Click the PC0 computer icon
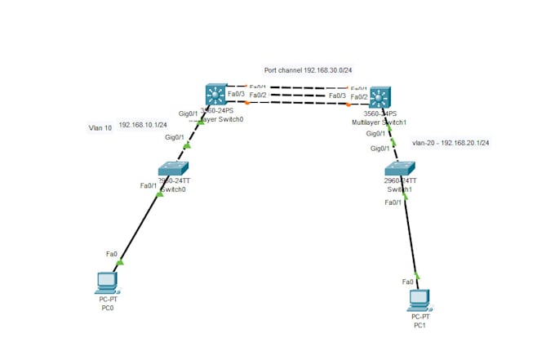point(106,282)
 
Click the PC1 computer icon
point(419,300)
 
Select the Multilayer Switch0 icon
point(216,95)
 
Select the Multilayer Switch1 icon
point(378,99)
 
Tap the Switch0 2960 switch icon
point(173,169)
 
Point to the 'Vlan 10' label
point(100,128)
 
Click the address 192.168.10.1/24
point(143,125)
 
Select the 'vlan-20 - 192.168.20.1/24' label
point(451,143)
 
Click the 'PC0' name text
point(107,309)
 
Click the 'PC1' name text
point(420,325)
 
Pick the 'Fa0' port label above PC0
point(111,254)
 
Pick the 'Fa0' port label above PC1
point(407,282)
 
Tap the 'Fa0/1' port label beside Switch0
point(148,185)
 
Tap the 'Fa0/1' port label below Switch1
point(393,202)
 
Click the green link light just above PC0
point(119,263)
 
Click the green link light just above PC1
point(416,275)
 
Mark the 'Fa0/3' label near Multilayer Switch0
point(237,95)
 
